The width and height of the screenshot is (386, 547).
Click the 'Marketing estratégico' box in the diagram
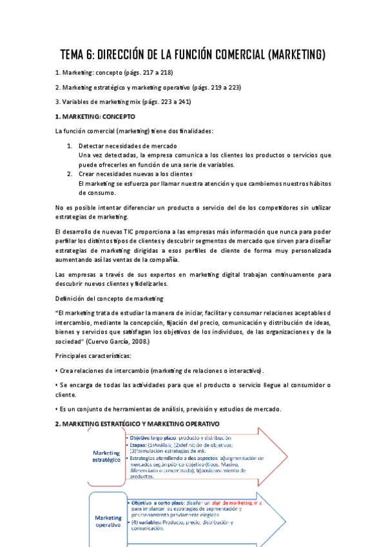tap(106, 456)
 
